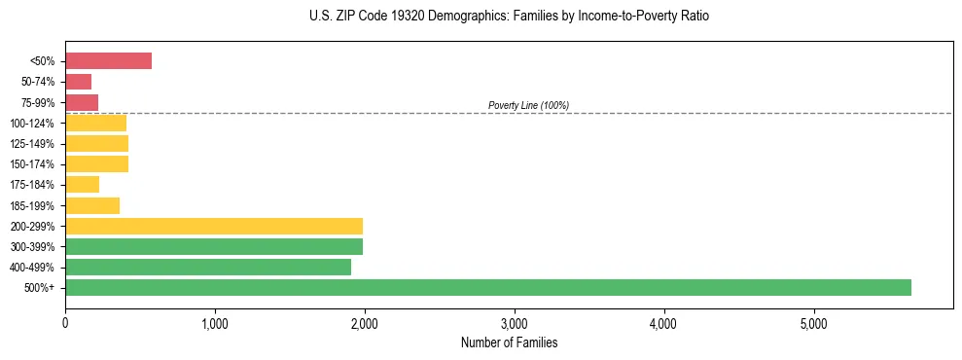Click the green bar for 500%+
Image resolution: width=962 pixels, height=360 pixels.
[487, 287]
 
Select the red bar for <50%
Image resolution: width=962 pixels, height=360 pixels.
[108, 61]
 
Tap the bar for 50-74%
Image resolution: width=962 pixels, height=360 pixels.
[78, 82]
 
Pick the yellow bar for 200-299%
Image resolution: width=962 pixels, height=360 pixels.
[214, 226]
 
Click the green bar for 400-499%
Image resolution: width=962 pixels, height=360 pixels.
[208, 267]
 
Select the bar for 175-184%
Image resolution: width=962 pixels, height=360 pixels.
[82, 185]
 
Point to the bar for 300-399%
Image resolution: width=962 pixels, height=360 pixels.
[214, 246]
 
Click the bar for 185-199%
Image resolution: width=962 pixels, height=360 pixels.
[92, 205]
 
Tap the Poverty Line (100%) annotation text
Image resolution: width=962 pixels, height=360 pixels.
[528, 105]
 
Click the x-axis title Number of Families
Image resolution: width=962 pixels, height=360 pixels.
[509, 342]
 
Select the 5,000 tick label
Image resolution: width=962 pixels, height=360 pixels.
[813, 323]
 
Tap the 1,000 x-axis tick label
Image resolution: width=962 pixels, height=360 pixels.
[214, 323]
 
